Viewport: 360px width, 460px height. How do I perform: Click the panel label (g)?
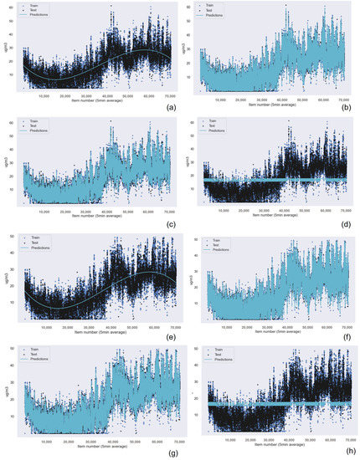(x=171, y=449)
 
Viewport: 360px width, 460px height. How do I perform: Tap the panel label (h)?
(x=350, y=449)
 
